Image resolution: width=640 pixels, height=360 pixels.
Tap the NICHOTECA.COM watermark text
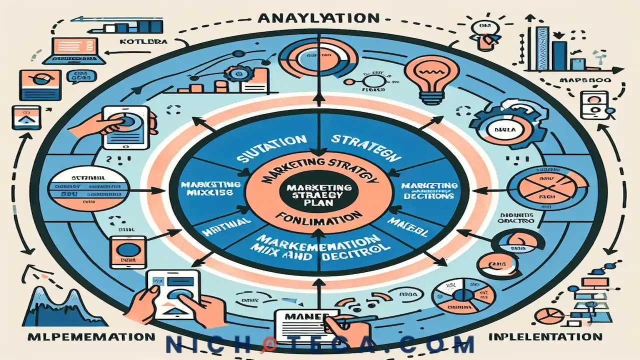pyautogui.click(x=320, y=345)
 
